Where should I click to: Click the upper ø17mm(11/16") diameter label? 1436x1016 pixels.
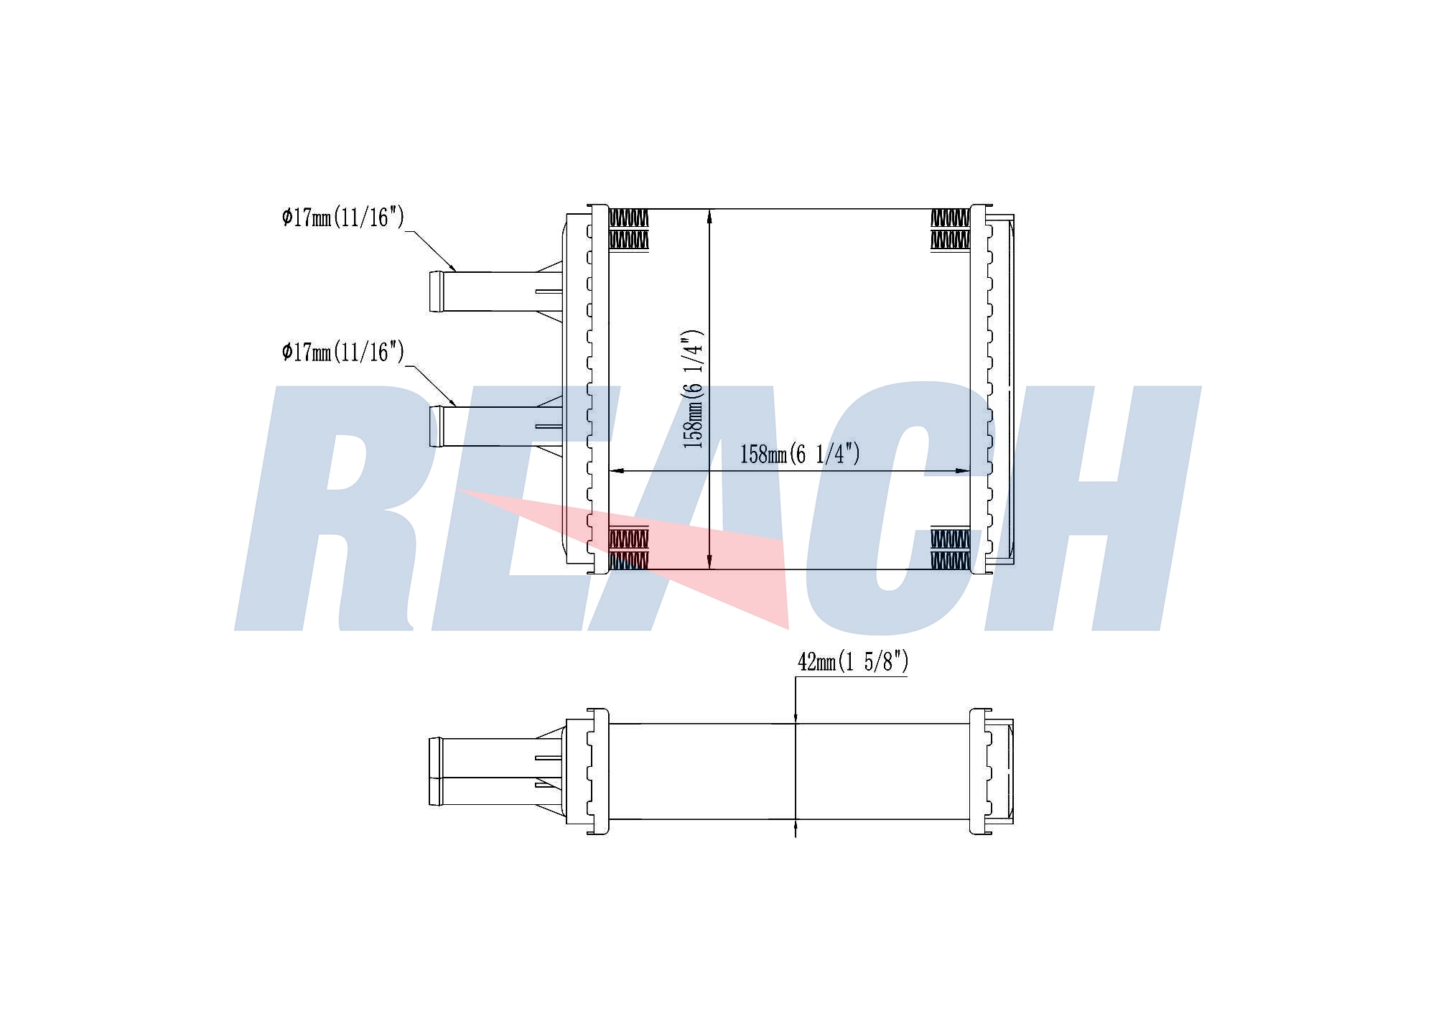coord(343,217)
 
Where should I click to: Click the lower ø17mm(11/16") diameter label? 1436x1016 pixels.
coord(343,352)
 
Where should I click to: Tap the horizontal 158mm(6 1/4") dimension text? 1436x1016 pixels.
coord(800,454)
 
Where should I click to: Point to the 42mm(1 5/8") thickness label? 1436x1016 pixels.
coord(853,661)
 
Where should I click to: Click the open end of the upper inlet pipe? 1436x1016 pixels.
coord(435,292)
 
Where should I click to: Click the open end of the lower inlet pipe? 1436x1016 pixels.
coord(435,427)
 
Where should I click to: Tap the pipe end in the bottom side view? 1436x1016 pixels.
coord(435,771)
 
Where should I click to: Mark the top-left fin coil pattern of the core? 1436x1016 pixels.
coord(628,229)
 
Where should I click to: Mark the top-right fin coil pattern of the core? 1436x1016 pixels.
coord(950,229)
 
